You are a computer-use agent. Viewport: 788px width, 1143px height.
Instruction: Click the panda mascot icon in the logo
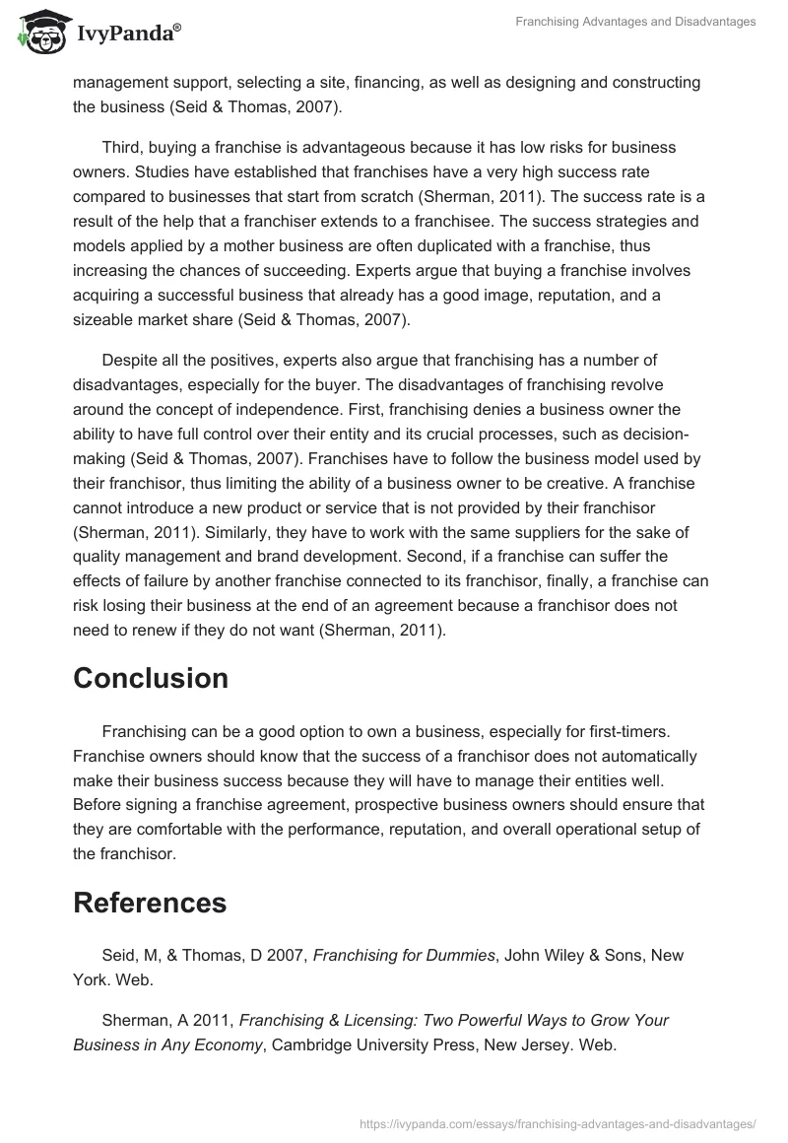[x=38, y=34]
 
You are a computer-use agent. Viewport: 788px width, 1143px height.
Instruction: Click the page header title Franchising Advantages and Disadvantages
[x=635, y=22]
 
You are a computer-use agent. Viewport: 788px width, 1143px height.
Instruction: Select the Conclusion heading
[x=151, y=678]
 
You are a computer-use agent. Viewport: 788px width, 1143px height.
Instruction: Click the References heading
[x=150, y=902]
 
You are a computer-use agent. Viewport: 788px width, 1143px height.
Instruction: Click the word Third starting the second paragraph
[x=122, y=147]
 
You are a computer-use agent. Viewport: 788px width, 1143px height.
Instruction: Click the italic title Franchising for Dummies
[x=404, y=955]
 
